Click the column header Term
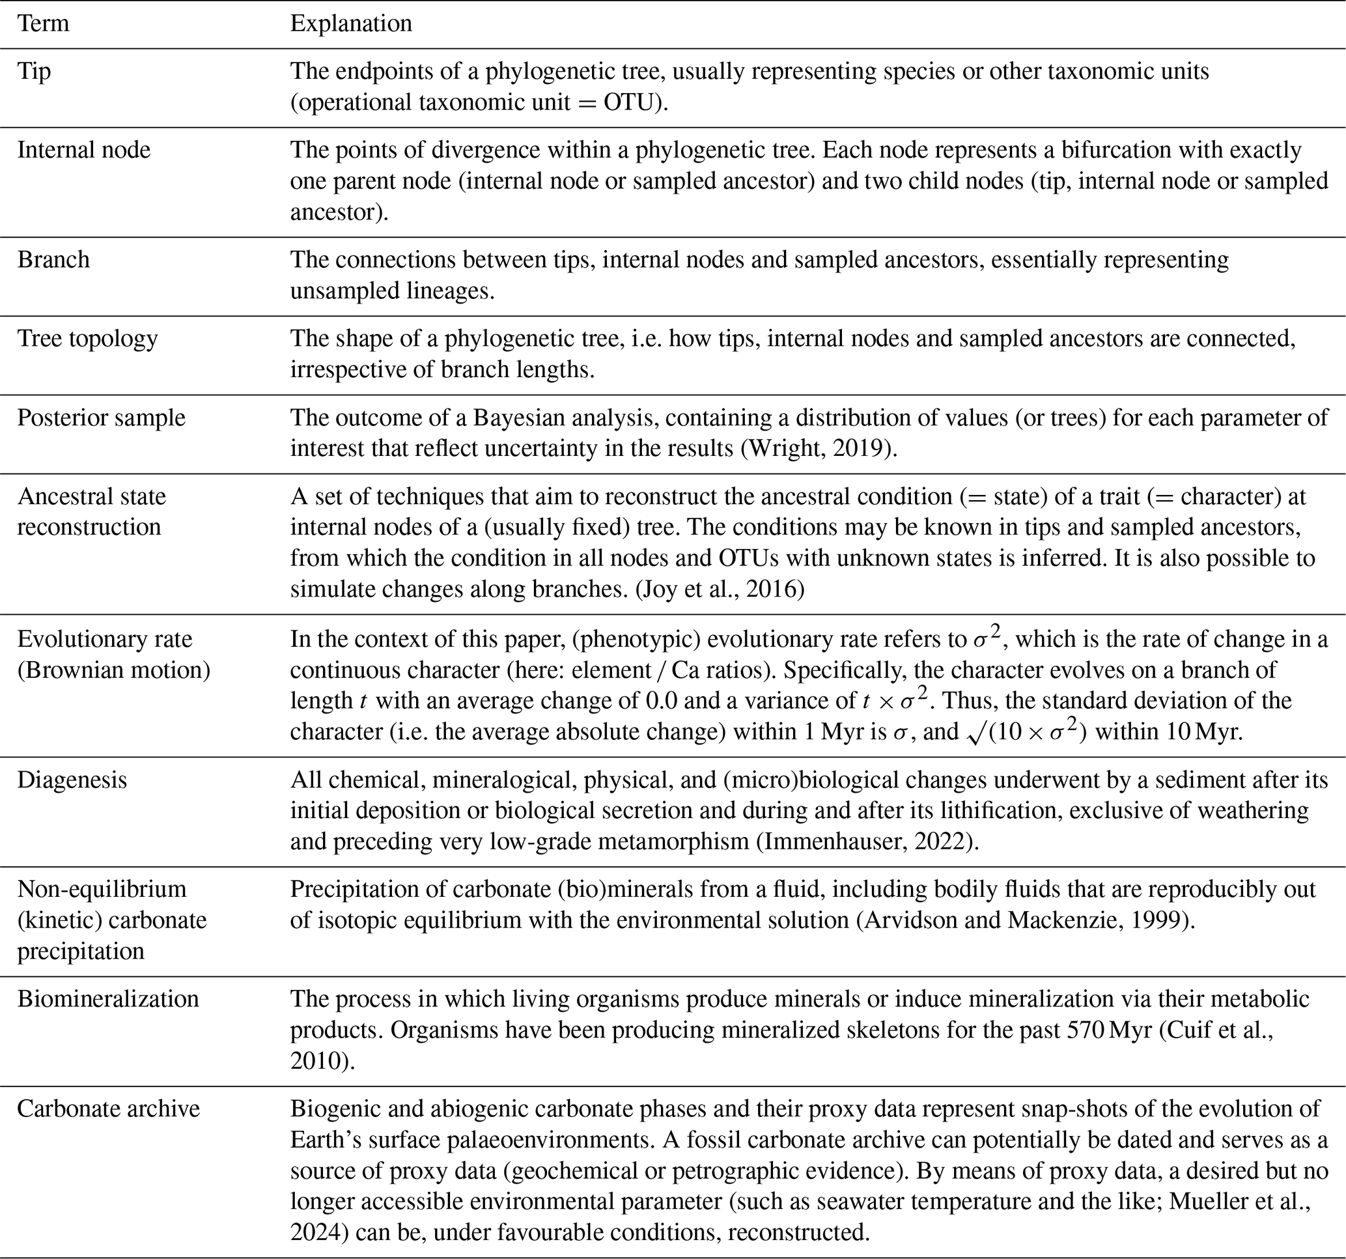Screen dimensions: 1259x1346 pos(43,23)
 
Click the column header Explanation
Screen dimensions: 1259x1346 pos(351,23)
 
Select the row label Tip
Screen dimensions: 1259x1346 pos(34,71)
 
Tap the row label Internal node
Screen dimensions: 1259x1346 pos(84,150)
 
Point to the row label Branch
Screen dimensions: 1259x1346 pos(53,259)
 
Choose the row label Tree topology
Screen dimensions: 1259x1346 pos(87,338)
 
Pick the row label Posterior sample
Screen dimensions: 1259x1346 pos(101,417)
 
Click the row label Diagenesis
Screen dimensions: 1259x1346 pos(72,780)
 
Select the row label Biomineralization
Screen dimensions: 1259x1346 pos(108,999)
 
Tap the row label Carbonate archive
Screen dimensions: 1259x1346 pos(108,1109)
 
